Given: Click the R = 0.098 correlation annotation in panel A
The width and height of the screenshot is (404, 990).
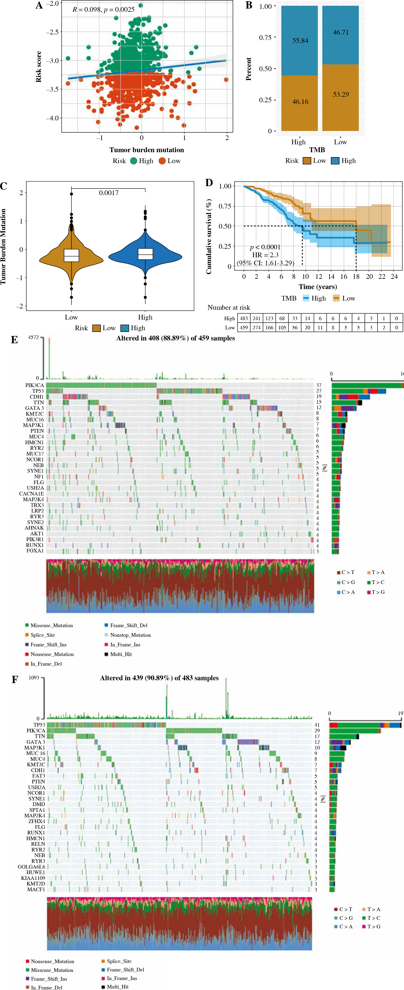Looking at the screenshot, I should coord(87,10).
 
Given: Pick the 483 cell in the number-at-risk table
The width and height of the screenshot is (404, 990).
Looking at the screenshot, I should coord(244,318).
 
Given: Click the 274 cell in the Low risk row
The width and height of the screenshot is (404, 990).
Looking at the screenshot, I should coord(257,327).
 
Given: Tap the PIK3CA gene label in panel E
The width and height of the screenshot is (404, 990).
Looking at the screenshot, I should coord(35,385).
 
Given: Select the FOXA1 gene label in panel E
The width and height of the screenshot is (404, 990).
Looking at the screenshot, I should coord(35,551).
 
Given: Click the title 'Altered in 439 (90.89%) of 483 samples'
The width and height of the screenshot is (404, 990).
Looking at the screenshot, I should coord(159,678).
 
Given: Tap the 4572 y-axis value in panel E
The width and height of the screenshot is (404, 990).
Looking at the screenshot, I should coord(34,337).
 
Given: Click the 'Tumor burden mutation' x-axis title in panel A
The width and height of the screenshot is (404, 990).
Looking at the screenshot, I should coord(147,150).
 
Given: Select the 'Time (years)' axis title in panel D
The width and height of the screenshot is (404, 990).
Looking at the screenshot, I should coord(318,287).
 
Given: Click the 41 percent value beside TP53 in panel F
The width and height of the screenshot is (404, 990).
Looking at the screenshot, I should coord(317,725).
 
